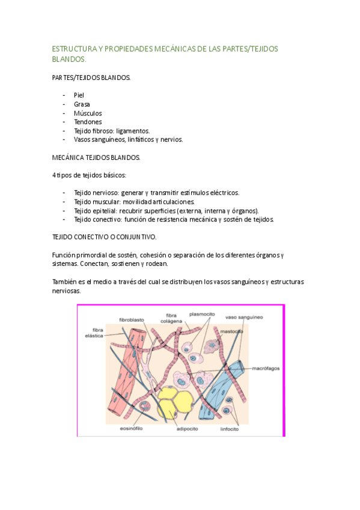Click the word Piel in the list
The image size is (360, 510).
(79, 95)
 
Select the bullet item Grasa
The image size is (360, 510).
(82, 104)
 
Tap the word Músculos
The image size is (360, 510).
(88, 113)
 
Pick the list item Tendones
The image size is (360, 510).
(88, 121)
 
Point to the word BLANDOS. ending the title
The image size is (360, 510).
(70, 60)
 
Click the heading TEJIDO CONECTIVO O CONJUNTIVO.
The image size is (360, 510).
(105, 237)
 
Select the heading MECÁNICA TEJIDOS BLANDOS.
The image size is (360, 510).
(97, 157)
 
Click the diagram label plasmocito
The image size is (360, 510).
(202, 313)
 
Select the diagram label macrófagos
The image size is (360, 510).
(266, 367)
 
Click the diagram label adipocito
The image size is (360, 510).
(188, 429)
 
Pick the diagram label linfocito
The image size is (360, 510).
(228, 429)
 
